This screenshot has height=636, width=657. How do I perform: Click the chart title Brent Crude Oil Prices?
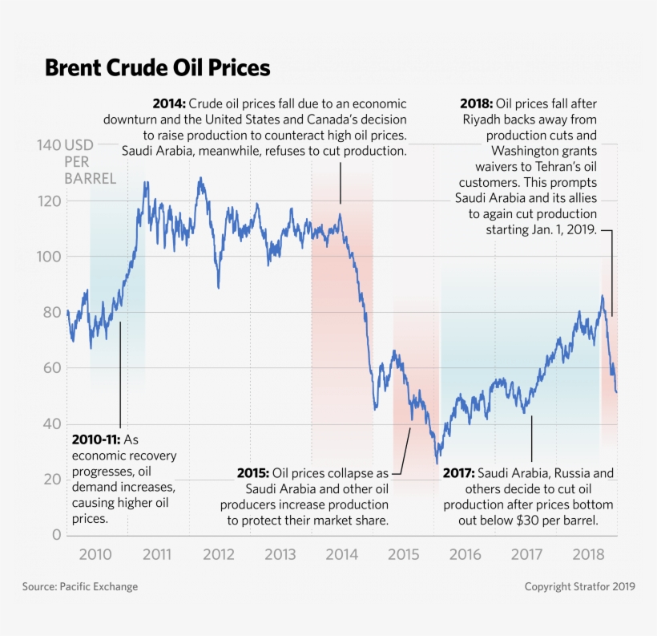(157, 67)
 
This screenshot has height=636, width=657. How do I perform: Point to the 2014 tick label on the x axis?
(341, 554)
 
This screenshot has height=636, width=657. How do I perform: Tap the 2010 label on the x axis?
(95, 554)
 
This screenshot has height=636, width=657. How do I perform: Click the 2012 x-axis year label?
(219, 554)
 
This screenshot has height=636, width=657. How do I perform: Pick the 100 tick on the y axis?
(48, 257)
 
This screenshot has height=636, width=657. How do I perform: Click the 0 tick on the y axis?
(55, 535)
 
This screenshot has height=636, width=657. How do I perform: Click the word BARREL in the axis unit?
(91, 178)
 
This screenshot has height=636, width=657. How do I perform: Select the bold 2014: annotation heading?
(169, 104)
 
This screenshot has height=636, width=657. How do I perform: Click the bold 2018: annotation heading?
(476, 104)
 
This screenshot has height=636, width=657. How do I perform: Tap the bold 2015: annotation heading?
(253, 473)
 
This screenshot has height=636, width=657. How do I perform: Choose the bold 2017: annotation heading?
(458, 473)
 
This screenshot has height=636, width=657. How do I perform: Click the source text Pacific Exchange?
(99, 587)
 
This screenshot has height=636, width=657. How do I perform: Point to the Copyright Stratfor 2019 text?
(579, 587)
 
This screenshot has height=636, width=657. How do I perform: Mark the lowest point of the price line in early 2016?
(437, 463)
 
